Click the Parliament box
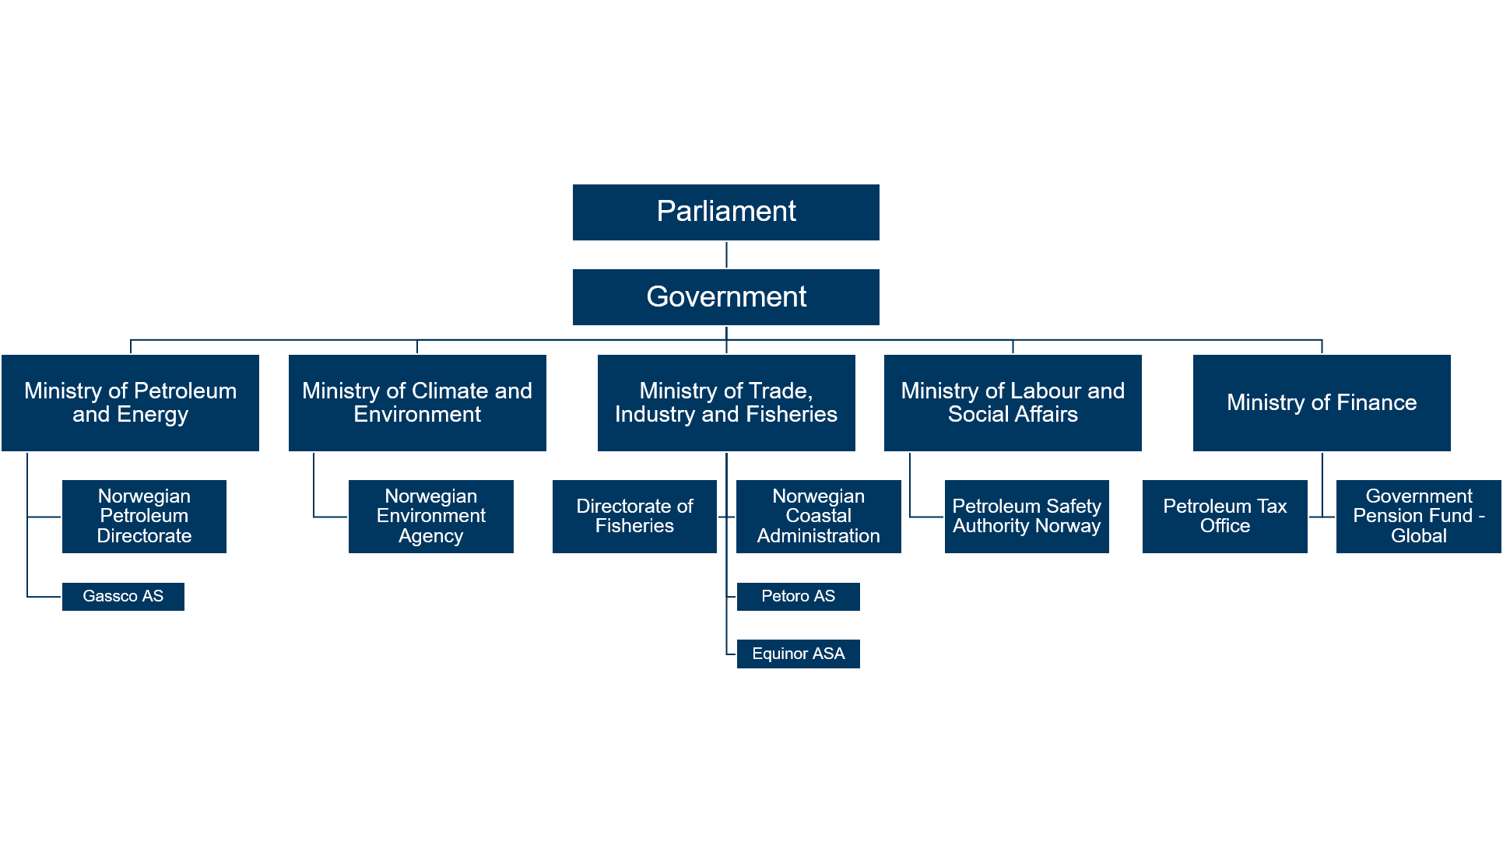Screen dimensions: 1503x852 [x=725, y=212]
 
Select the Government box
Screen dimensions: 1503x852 [x=725, y=297]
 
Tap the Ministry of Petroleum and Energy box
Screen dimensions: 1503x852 [x=130, y=403]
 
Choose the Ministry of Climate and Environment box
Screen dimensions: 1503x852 [x=417, y=403]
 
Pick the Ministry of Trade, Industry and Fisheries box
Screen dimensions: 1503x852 [x=726, y=403]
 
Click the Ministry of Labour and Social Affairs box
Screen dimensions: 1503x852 [x=1013, y=403]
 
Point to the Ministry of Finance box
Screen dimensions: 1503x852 [x=1322, y=403]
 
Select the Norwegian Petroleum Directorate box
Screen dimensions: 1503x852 [x=144, y=517]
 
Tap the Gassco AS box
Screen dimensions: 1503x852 [x=123, y=597]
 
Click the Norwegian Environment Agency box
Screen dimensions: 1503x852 [x=431, y=517]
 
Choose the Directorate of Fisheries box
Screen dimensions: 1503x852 [x=634, y=517]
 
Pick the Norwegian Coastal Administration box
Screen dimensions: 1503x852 [x=819, y=517]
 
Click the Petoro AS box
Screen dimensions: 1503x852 [x=799, y=597]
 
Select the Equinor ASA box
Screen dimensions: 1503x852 [x=799, y=654]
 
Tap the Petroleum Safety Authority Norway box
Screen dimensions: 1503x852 [x=1027, y=517]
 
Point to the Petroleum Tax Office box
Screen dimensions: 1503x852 [x=1225, y=517]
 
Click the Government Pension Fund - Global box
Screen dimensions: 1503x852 [x=1419, y=517]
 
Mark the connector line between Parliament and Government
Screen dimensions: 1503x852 [x=726, y=255]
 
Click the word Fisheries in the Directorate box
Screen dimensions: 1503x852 [x=634, y=526]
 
